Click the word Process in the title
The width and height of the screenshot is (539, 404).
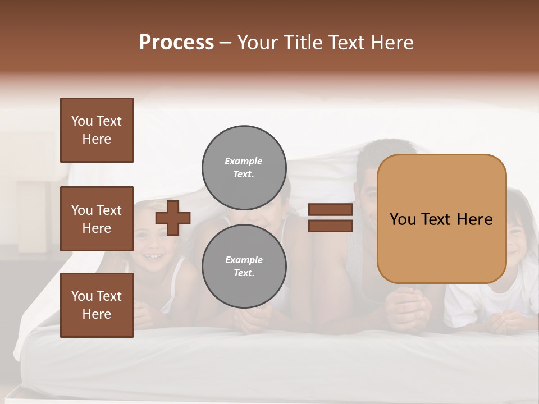point(176,43)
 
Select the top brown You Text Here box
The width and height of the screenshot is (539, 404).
point(97,130)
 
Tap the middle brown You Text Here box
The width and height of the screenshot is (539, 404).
point(97,219)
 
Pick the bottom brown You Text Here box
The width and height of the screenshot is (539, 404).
point(97,305)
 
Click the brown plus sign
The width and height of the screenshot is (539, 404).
point(173,218)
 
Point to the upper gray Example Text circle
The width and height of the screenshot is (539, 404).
point(244,167)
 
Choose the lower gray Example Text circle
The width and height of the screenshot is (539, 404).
point(244,266)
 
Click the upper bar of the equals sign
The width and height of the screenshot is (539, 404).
point(330,210)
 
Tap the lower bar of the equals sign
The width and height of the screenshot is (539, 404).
point(330,226)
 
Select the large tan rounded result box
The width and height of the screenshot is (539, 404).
point(441,219)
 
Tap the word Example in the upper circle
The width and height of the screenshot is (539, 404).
point(244,161)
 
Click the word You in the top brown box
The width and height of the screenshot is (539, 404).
point(82,121)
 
